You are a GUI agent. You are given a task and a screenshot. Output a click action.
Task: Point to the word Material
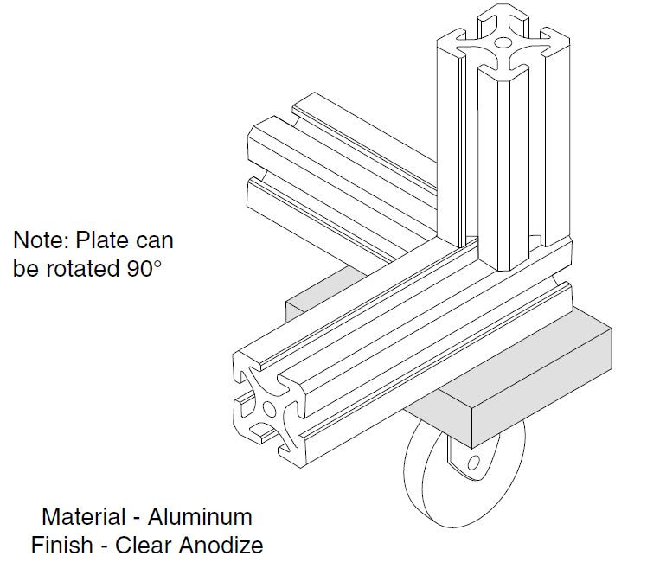pyautogui.click(x=82, y=517)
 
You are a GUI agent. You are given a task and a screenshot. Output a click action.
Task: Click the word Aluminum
pyautogui.click(x=200, y=517)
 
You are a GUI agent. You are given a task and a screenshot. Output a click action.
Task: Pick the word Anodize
pyautogui.click(x=221, y=545)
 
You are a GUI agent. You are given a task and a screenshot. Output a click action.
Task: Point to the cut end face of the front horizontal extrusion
pyautogui.click(x=269, y=406)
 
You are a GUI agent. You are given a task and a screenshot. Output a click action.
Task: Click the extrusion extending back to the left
pyautogui.click(x=346, y=164)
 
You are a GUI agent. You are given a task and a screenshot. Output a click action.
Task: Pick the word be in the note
pyautogui.click(x=26, y=268)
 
